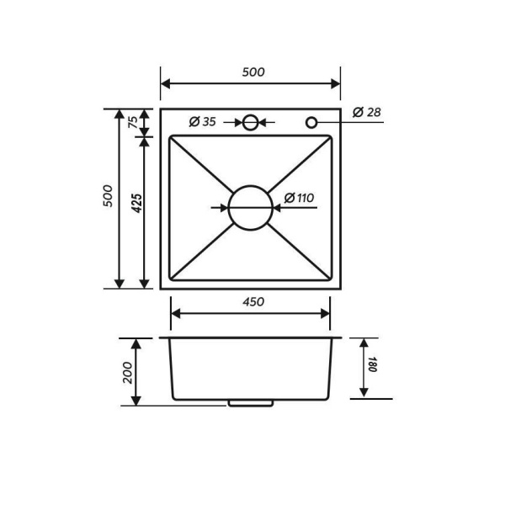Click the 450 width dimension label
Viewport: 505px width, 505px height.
(253, 302)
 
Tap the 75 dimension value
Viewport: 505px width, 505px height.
(133, 122)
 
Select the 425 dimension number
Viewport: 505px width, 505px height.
(137, 203)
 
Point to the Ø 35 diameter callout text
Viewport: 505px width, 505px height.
(202, 122)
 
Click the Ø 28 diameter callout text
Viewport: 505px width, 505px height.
(367, 112)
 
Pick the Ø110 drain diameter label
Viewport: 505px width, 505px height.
(299, 198)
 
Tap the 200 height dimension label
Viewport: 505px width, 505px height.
(128, 373)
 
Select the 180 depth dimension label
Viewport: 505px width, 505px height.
(372, 364)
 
